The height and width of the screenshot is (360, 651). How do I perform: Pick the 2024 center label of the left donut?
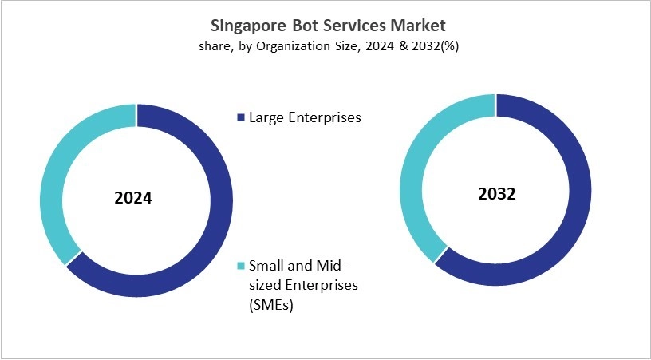pyautogui.click(x=133, y=198)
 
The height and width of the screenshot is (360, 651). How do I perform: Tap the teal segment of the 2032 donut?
pyautogui.click(x=416, y=176)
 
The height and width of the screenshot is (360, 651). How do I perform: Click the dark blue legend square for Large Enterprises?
pyautogui.click(x=242, y=118)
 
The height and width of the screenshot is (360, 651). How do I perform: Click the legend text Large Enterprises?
pyautogui.click(x=306, y=117)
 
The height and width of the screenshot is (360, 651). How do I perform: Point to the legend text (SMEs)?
pyautogui.click(x=271, y=304)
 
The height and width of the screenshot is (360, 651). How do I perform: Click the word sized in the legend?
pyautogui.click(x=266, y=284)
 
